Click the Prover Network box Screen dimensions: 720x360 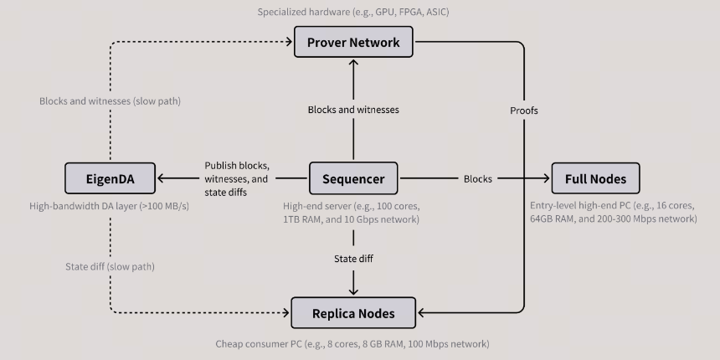[353, 42]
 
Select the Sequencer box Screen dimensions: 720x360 [353, 178]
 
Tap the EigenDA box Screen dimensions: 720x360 [111, 178]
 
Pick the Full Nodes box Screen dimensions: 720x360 [595, 178]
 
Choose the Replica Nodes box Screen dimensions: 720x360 [353, 313]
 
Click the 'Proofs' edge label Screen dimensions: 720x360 [524, 111]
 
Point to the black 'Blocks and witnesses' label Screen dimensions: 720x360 [353, 110]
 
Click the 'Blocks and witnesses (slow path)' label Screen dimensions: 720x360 [111, 101]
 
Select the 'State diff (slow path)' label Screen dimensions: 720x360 [111, 266]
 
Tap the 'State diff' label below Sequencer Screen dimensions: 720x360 [353, 259]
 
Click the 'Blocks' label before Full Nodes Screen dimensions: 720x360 [478, 178]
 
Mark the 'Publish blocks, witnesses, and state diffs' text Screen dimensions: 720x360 [237, 178]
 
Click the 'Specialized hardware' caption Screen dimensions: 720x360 [353, 12]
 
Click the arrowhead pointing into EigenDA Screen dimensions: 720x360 [161, 178]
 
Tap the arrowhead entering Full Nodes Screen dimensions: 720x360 [547, 178]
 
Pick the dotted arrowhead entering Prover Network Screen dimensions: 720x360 [289, 42]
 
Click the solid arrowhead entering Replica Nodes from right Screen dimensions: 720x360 [421, 313]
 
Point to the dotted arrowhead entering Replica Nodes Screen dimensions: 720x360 [286, 313]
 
